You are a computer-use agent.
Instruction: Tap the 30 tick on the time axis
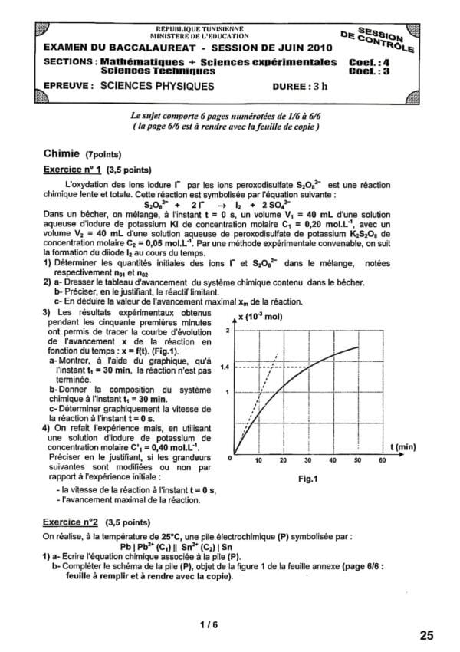[307, 461]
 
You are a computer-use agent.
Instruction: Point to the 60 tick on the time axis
[382, 461]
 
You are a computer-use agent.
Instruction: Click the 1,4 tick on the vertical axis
[225, 367]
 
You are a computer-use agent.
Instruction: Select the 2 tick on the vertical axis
[227, 330]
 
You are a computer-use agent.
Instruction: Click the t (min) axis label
[402, 446]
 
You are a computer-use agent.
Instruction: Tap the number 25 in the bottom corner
[427, 635]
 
